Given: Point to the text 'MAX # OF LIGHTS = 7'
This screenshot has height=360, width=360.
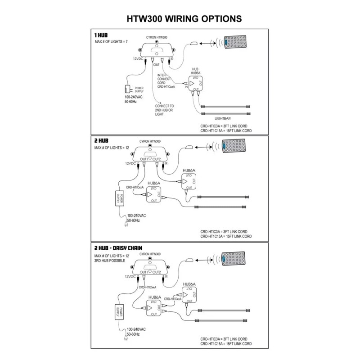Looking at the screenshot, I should (111, 41).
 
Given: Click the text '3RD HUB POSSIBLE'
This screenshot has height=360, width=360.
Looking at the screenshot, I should (110, 261).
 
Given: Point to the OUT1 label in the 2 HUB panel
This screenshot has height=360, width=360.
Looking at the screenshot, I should (144, 159).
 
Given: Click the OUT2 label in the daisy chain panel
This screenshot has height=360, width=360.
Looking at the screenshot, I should (157, 272).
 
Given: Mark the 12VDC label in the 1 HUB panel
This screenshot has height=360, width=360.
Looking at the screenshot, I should (138, 59).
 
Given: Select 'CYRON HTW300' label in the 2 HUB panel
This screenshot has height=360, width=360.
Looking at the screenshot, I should (151, 141).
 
